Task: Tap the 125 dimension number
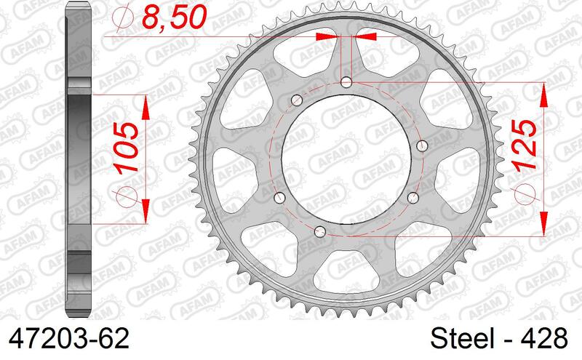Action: (529, 144)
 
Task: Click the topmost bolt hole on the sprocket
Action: (346, 81)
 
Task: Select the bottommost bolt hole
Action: (321, 231)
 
